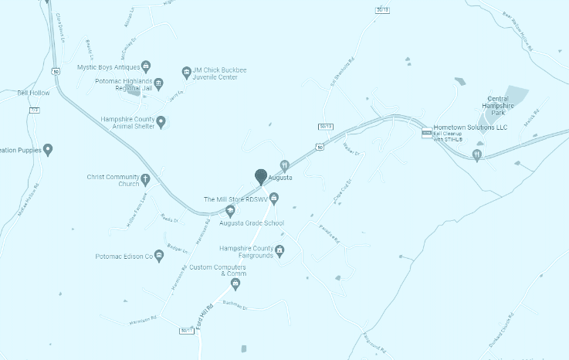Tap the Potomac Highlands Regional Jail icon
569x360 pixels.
pos(158,83)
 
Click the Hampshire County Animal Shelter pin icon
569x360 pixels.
pos(161,121)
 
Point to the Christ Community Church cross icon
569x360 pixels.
pos(145,180)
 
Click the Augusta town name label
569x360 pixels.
pos(280,178)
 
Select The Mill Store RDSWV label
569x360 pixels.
pos(235,199)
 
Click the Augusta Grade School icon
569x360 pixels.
pos(230,210)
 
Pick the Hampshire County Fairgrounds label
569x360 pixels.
pos(246,252)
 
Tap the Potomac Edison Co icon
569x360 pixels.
pos(158,256)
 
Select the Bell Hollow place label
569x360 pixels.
pos(33,93)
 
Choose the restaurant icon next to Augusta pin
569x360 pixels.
pos(284,165)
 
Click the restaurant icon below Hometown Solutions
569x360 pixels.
pos(476,155)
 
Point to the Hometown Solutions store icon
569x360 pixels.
pos(426,133)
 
